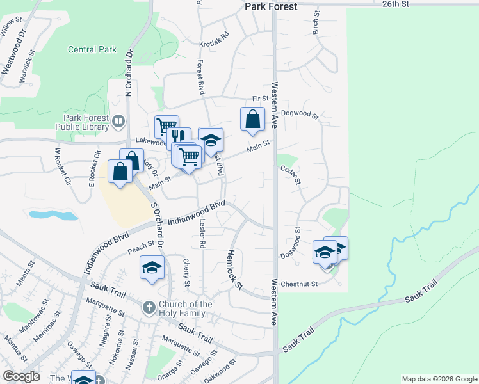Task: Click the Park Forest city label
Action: (x=272, y=6)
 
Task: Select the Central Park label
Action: (x=92, y=49)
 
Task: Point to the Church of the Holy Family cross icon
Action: (x=149, y=308)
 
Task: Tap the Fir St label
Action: (x=260, y=99)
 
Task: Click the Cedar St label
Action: (x=290, y=174)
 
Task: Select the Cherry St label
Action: (x=186, y=273)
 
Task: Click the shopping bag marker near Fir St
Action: (x=253, y=118)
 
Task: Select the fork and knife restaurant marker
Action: (x=178, y=136)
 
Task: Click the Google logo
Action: (x=21, y=376)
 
